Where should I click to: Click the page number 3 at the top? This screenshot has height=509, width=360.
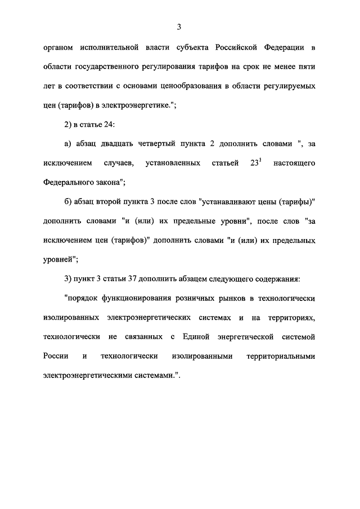178,26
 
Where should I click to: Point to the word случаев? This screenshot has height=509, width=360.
118,164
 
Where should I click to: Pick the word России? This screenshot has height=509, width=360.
56,357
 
